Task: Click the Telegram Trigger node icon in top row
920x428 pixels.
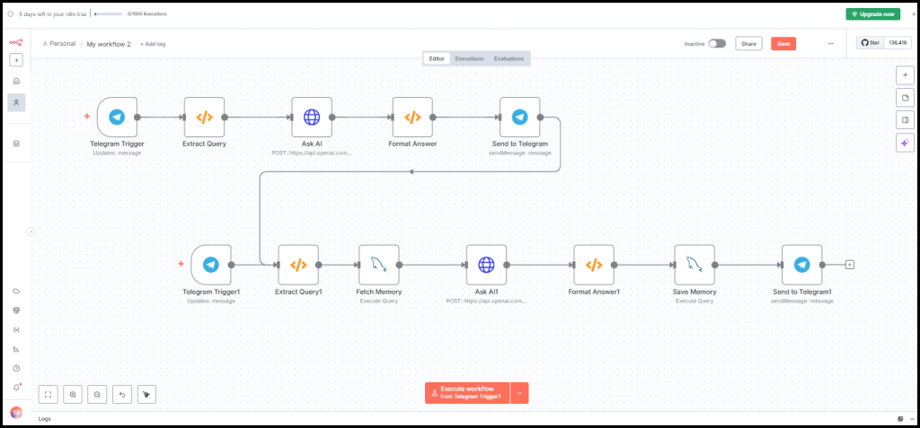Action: click(117, 117)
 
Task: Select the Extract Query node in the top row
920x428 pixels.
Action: click(204, 117)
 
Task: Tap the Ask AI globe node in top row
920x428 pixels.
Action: click(312, 117)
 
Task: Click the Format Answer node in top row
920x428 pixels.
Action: click(412, 117)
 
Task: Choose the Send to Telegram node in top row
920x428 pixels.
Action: click(519, 117)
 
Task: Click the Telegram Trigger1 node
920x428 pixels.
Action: click(211, 265)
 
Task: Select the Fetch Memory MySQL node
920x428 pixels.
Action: click(378, 265)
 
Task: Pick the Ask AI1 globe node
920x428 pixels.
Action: click(486, 265)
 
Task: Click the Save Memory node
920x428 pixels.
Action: click(694, 265)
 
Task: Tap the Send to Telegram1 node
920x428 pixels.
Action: click(801, 265)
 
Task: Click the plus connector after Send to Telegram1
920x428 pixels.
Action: click(850, 265)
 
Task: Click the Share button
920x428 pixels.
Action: click(748, 43)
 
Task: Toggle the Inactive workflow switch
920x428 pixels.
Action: click(717, 43)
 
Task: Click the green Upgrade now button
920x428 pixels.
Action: click(871, 13)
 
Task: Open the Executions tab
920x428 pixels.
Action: click(469, 58)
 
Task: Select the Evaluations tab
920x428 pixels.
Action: click(509, 58)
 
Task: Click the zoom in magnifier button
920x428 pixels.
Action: click(73, 393)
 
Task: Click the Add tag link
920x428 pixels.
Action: click(153, 44)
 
